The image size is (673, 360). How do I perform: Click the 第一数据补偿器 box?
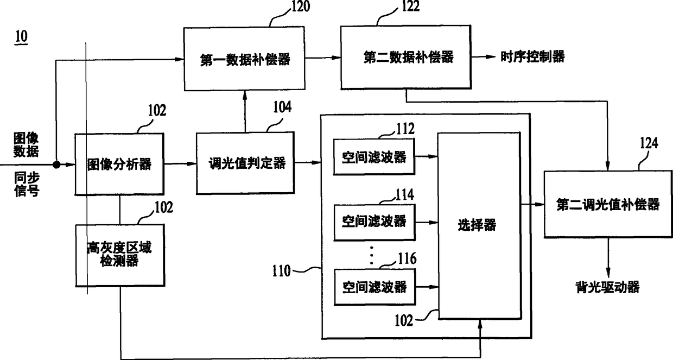243,59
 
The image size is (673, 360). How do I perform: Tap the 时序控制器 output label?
532,56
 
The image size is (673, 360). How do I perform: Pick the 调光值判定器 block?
247,163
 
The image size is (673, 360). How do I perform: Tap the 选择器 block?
477,224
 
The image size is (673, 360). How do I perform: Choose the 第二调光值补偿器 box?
608,204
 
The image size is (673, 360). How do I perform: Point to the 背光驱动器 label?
607,287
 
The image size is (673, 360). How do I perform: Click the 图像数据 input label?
26,144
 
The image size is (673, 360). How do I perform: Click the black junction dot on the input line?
55,163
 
